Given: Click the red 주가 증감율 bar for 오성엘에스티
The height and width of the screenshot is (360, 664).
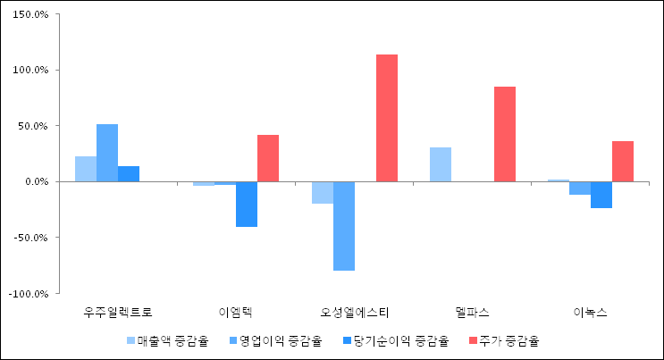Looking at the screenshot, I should click(x=386, y=118).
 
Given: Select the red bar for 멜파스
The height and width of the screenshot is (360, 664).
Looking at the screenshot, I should click(x=504, y=134).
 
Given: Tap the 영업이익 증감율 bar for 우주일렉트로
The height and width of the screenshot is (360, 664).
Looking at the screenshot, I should click(x=107, y=153).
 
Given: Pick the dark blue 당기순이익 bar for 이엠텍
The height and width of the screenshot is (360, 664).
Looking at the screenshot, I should click(x=247, y=204).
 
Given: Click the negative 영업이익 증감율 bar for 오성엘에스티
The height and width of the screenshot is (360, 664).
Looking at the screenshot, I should click(x=344, y=225).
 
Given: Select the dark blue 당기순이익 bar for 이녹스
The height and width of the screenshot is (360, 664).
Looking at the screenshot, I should click(x=601, y=195).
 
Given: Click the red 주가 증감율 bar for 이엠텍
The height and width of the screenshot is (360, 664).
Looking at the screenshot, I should click(x=268, y=158).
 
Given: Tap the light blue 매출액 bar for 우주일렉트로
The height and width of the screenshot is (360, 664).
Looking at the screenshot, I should click(x=86, y=169).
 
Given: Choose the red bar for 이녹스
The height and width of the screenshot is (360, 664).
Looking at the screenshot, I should click(x=623, y=161).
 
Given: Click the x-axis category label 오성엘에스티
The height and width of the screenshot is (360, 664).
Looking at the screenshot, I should click(x=354, y=313).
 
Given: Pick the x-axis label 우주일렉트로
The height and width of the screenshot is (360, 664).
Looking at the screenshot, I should click(x=118, y=313).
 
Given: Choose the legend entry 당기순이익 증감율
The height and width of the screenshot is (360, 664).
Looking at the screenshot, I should click(x=399, y=340).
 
